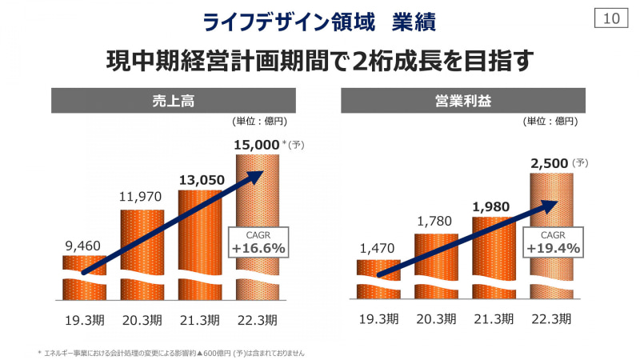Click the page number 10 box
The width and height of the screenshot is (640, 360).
[x=611, y=18]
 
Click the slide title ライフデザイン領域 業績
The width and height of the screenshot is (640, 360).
[x=319, y=22]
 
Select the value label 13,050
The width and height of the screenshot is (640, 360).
[x=199, y=180]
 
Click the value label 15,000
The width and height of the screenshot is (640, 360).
[x=256, y=145]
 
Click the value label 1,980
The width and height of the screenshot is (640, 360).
[x=492, y=207]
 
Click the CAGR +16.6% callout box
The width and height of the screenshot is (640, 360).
[x=258, y=242]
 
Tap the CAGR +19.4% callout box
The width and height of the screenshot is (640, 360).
[x=552, y=242]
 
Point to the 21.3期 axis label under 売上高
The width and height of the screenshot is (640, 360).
[x=199, y=320]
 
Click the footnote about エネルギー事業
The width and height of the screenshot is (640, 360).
[x=172, y=352]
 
